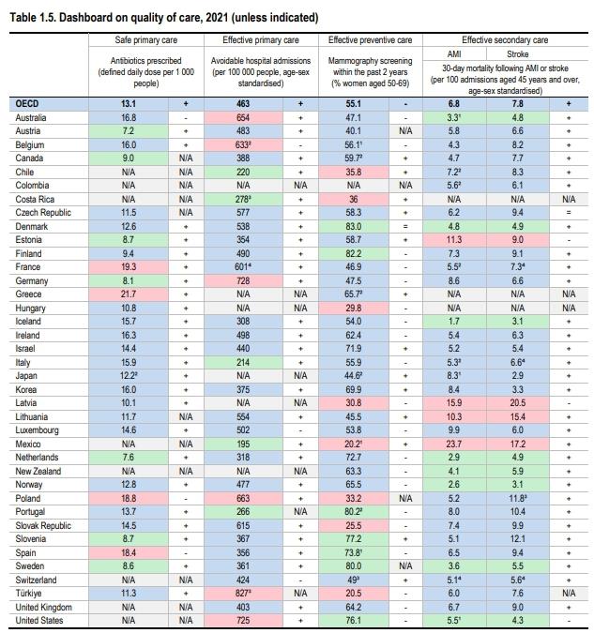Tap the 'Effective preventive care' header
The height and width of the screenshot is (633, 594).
click(370, 41)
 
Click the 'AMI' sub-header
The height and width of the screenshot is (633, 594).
click(454, 53)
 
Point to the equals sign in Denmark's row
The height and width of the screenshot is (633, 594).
click(404, 227)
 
